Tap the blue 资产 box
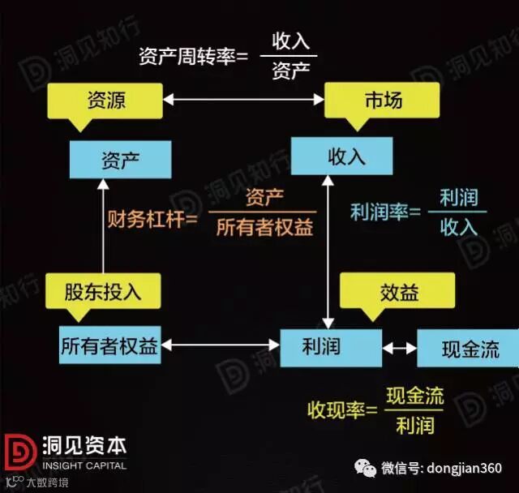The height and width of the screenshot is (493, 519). [120, 159]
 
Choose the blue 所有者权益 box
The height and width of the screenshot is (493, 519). [109, 347]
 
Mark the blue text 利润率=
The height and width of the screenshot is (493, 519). [386, 213]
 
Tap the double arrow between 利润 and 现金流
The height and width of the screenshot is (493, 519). [400, 348]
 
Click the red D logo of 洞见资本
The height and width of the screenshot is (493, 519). [19, 456]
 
